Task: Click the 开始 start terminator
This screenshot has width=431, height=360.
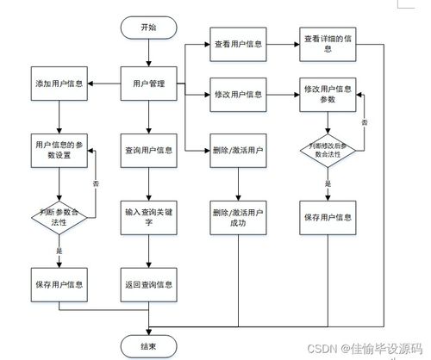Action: point(149,28)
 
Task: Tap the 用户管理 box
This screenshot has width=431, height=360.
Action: point(149,84)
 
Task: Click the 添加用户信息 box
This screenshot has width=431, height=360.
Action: point(59,84)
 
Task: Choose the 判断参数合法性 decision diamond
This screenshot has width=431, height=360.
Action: point(59,217)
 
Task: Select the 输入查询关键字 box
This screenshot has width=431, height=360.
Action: point(149,217)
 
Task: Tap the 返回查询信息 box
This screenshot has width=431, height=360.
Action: point(149,282)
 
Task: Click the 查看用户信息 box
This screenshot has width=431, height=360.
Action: point(238,43)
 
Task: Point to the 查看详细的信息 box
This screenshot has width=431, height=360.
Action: point(327,43)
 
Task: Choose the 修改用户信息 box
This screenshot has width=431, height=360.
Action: point(238,93)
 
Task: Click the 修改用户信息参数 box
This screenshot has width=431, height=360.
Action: point(327,94)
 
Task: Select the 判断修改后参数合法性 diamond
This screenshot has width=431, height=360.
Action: point(327,152)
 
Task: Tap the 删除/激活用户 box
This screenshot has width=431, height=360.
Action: point(238,151)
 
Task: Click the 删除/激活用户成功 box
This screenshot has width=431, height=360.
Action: point(238,215)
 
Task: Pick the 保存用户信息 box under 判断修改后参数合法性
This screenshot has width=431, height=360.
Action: point(327,215)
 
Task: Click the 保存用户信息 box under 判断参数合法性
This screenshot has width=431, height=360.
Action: point(59,282)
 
